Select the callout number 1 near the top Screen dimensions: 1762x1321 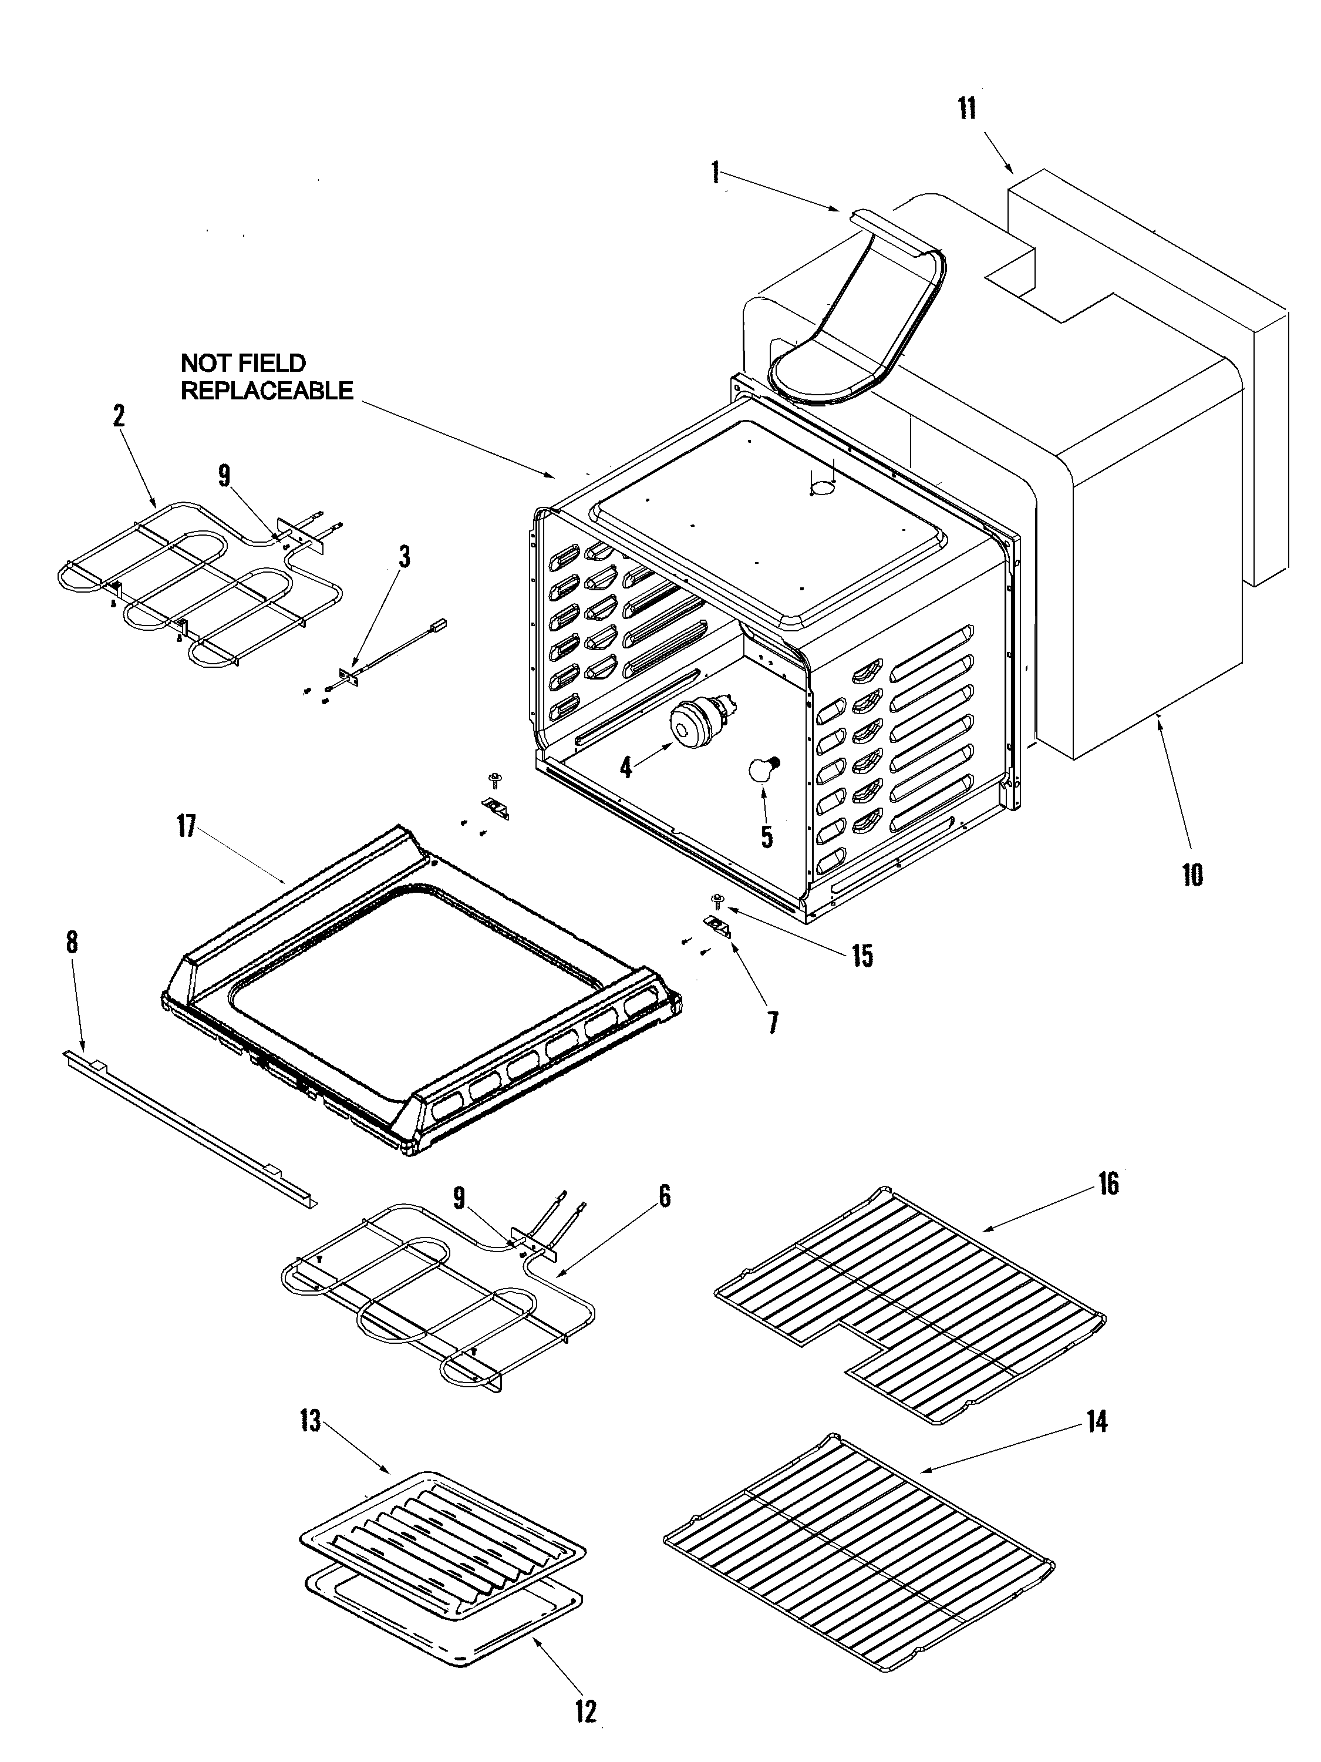[715, 172]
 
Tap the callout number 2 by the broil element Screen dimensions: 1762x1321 [119, 416]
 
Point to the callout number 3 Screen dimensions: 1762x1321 [405, 557]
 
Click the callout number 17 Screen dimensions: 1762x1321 [186, 826]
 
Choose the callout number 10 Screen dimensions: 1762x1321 [1192, 875]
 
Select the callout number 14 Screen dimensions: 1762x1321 [1097, 1421]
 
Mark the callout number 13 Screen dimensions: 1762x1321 [311, 1420]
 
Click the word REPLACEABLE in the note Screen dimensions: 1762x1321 [267, 391]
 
